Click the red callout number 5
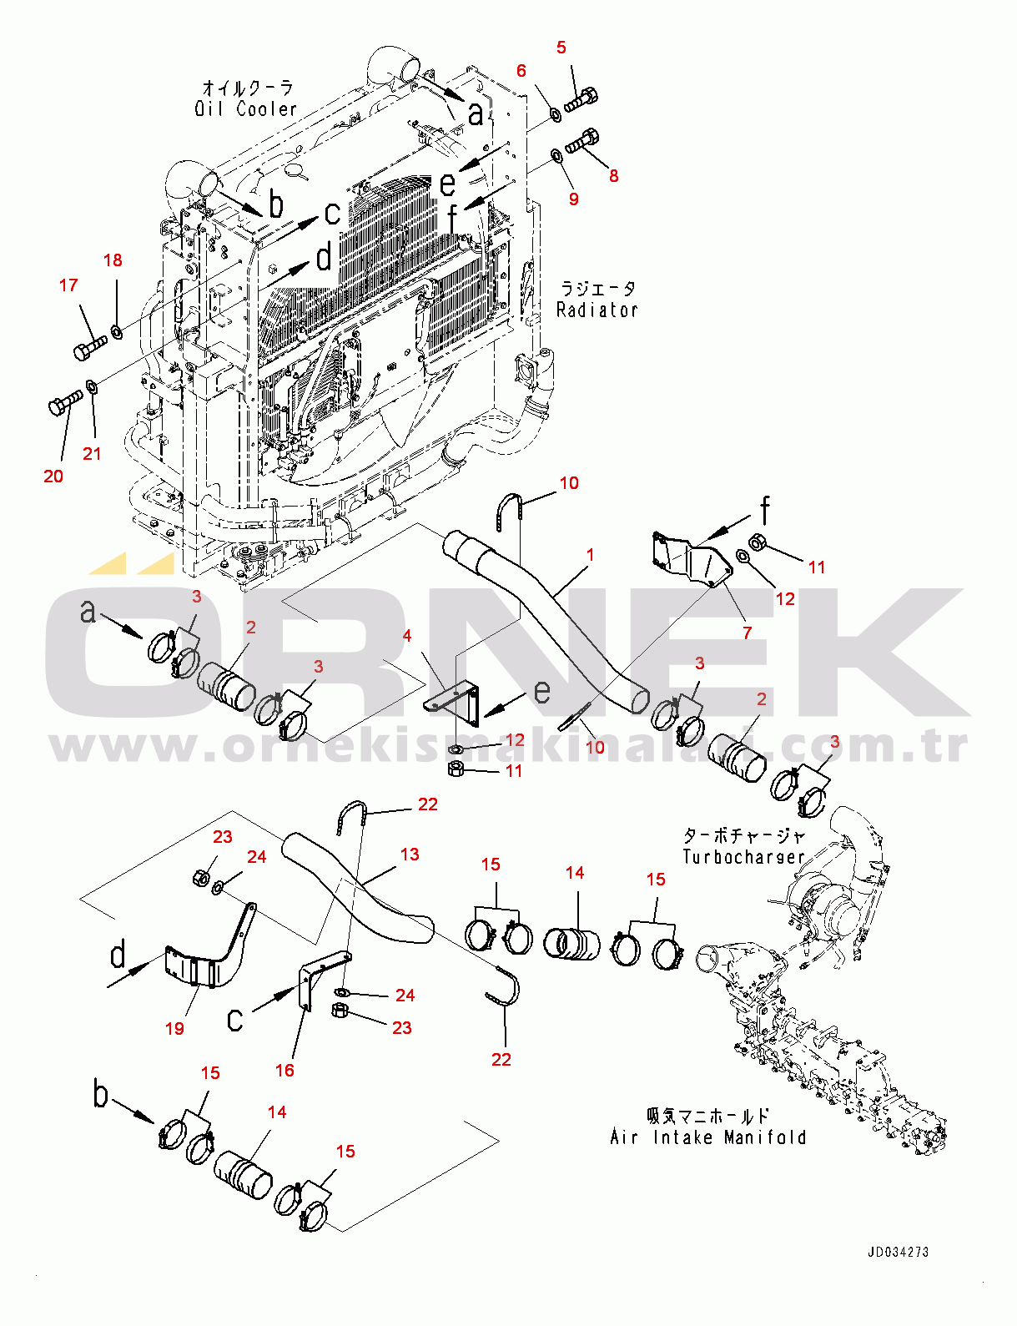(561, 48)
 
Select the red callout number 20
(53, 476)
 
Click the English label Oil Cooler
(245, 109)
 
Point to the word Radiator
(597, 310)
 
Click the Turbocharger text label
(743, 857)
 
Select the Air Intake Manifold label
(707, 1137)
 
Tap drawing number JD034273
(898, 1252)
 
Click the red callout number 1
(591, 555)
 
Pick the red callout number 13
(410, 855)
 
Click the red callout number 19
(174, 1029)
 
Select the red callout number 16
(284, 1071)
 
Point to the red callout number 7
(748, 633)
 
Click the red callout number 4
(407, 636)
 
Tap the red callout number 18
(113, 260)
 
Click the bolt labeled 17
(89, 348)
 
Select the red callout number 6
(521, 71)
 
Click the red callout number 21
(92, 454)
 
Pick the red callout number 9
(573, 199)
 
